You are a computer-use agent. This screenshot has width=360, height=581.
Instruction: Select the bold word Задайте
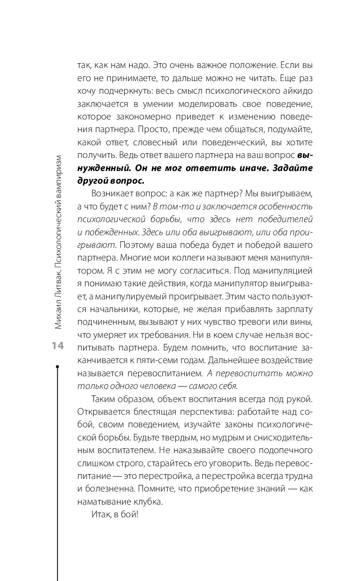pyautogui.click(x=289, y=167)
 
